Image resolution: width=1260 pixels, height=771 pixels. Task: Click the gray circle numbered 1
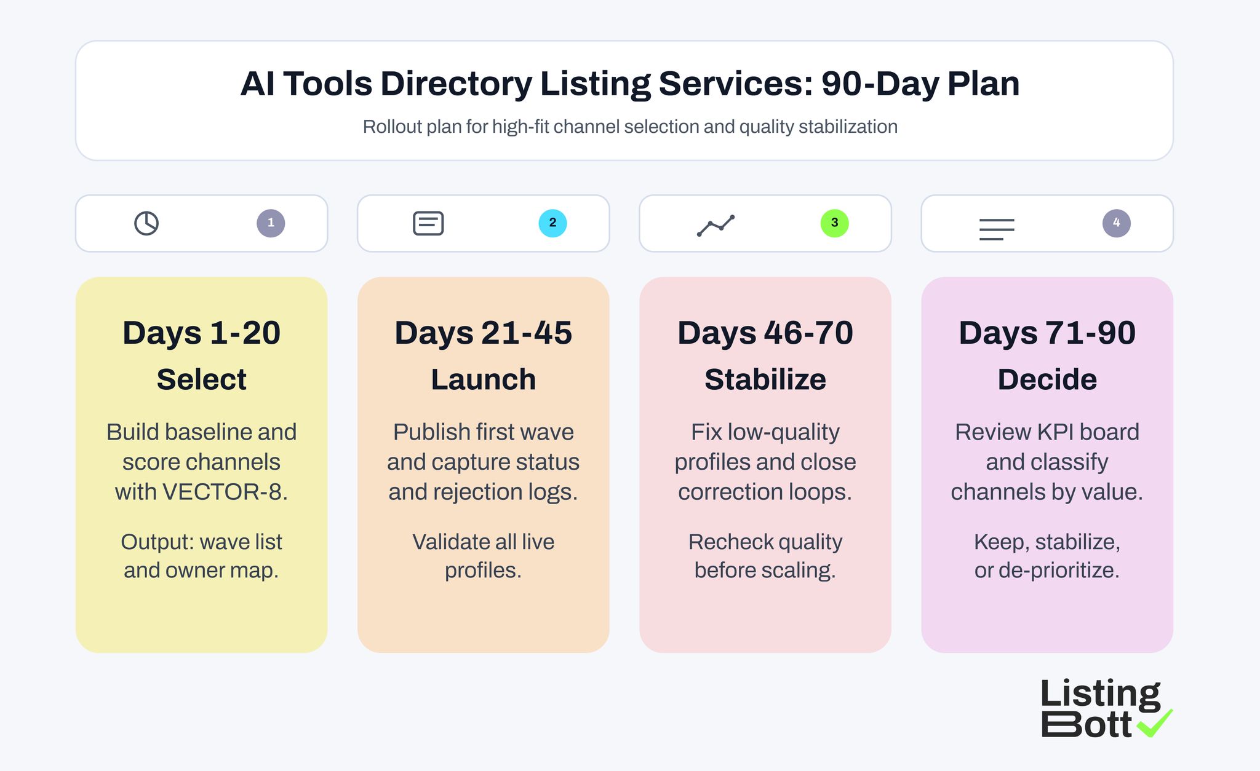click(x=271, y=223)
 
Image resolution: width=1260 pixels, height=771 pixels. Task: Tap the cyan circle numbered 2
click(x=552, y=223)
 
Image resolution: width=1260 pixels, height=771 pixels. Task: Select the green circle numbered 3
click(x=834, y=223)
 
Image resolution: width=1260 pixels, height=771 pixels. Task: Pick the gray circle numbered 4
click(x=1116, y=223)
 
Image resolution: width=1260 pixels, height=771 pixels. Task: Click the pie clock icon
click(x=146, y=223)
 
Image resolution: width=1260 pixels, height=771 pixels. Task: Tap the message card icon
click(x=428, y=223)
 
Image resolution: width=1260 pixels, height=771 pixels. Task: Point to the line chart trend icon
click(x=716, y=226)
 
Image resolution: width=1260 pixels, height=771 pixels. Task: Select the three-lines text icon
click(x=997, y=229)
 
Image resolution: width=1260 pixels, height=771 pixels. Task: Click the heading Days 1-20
click(x=201, y=333)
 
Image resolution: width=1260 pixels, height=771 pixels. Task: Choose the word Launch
click(x=483, y=379)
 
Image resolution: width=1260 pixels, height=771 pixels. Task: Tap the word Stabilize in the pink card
click(x=765, y=379)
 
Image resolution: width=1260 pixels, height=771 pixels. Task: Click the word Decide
click(x=1047, y=379)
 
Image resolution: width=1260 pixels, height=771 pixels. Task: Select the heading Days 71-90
click(x=1047, y=333)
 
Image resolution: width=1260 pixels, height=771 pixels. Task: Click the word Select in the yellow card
click(x=201, y=379)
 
